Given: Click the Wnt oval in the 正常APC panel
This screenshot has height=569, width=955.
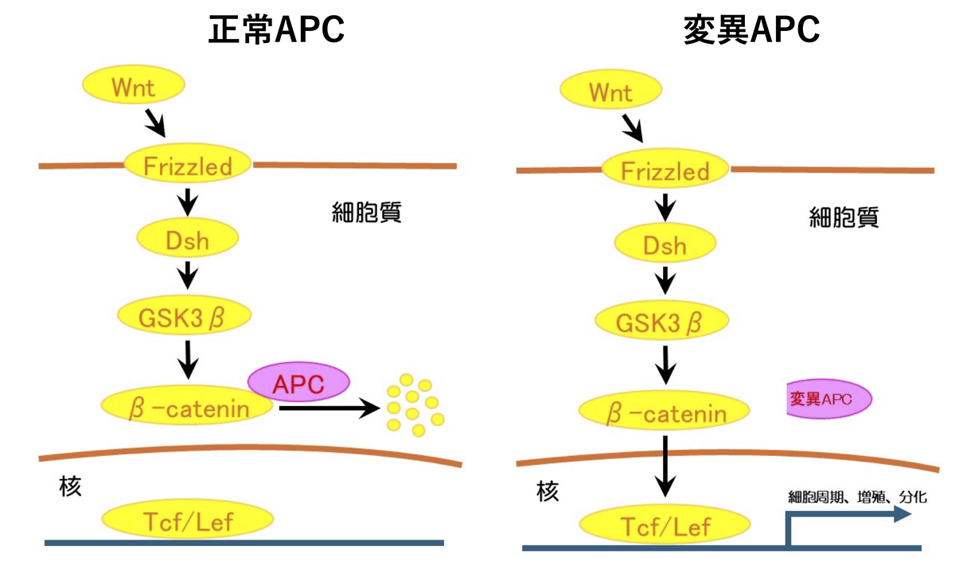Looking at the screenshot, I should click(134, 86).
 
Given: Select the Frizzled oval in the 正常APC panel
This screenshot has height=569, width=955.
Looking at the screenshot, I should click(188, 166).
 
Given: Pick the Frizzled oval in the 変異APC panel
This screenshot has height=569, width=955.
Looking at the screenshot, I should click(665, 170).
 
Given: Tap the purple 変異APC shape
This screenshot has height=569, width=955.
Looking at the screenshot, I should click(828, 399).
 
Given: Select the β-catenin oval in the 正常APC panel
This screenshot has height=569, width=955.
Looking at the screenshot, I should click(188, 408).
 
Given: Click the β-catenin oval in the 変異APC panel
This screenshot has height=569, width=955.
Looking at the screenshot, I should click(665, 413).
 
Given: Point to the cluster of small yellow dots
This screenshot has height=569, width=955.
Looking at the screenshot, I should click(414, 404).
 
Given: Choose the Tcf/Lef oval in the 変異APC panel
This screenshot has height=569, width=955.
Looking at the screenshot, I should click(665, 525).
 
